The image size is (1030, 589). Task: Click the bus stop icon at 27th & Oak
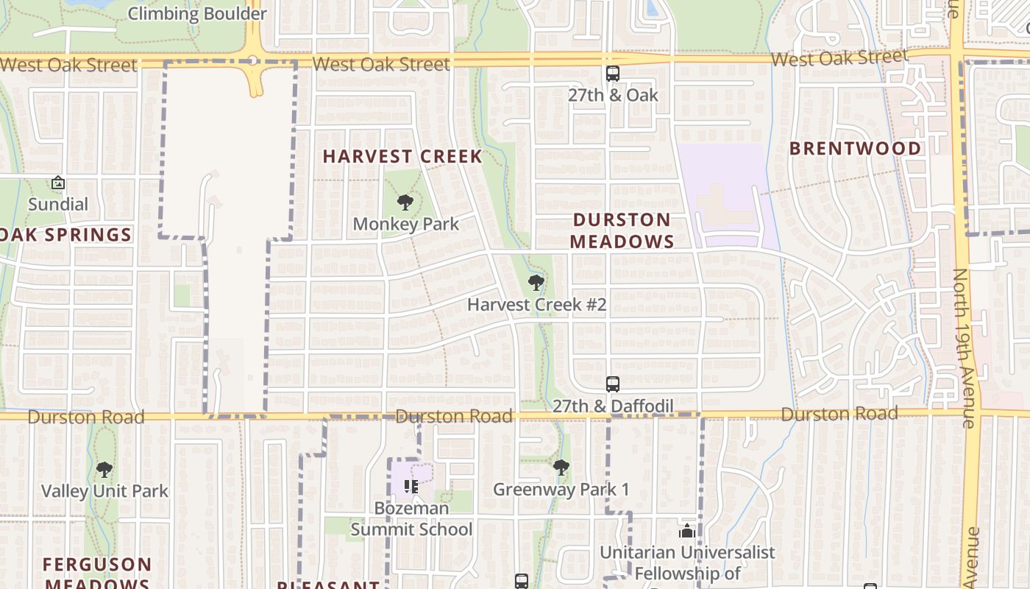pos(612,73)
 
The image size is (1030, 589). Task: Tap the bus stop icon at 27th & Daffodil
pos(612,384)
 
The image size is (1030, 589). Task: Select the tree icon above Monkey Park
pos(405,202)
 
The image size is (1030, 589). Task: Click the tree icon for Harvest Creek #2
pos(536,282)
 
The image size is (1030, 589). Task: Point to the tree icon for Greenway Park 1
pos(561,467)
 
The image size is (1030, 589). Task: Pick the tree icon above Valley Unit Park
pos(104,469)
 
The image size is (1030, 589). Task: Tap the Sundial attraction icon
pos(58,183)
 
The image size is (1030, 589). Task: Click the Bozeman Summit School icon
pos(411,486)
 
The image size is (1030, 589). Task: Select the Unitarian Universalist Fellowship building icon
pos(687,531)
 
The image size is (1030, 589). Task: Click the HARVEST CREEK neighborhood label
pos(402,156)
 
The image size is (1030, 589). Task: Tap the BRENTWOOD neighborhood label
pos(855,148)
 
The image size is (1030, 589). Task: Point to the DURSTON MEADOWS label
pos(622,230)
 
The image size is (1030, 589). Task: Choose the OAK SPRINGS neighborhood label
pos(66,235)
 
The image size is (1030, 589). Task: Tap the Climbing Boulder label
pos(197,13)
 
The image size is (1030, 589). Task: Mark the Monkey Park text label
pos(406,224)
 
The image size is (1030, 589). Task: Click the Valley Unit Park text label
pos(104,491)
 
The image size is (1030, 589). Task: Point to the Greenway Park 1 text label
pos(561,490)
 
